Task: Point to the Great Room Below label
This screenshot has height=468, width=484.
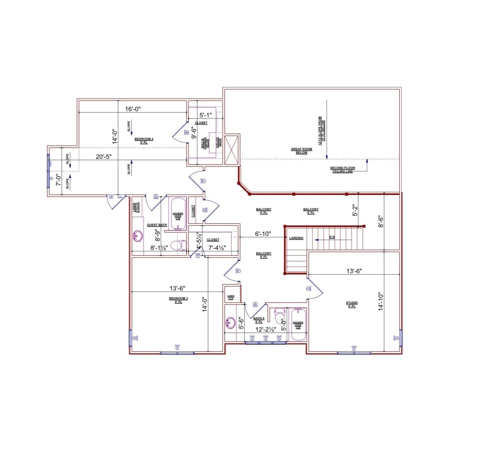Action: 301,151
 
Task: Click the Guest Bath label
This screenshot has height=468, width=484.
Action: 157,225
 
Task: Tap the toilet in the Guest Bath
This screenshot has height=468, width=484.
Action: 178,246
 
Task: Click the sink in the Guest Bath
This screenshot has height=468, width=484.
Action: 138,236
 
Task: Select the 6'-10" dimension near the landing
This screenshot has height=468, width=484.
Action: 263,234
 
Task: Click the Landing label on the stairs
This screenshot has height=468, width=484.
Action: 296,238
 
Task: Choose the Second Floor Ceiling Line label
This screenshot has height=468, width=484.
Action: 342,169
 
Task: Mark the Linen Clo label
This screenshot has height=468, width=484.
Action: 231,297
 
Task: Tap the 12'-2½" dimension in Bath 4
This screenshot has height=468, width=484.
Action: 266,329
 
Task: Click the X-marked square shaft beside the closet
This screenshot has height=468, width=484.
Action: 231,150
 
